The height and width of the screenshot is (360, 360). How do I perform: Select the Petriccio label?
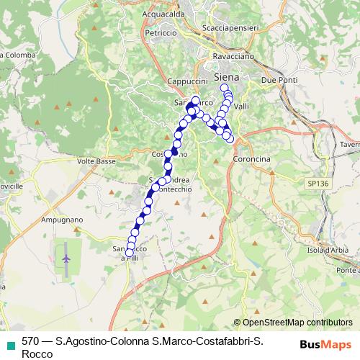tap(160, 33)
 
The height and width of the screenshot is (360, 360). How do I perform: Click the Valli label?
tap(241, 106)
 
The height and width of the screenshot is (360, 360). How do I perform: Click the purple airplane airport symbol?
tap(67, 257)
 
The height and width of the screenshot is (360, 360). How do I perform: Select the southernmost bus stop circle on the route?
tap(130, 253)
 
